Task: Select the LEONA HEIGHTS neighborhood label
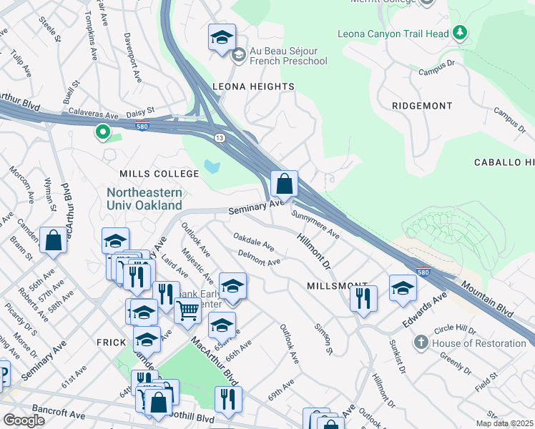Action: click(x=254, y=87)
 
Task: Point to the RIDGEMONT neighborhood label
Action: click(x=422, y=106)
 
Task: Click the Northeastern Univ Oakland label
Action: click(x=144, y=199)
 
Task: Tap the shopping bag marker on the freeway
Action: click(x=285, y=184)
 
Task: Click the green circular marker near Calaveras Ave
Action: click(x=102, y=132)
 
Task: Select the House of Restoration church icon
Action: click(x=423, y=343)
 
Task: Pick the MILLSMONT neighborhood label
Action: click(x=337, y=285)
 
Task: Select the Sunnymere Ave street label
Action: click(x=315, y=222)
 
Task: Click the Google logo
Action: click(x=24, y=420)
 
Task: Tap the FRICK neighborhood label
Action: click(x=112, y=342)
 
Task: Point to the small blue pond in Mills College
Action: click(x=211, y=167)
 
